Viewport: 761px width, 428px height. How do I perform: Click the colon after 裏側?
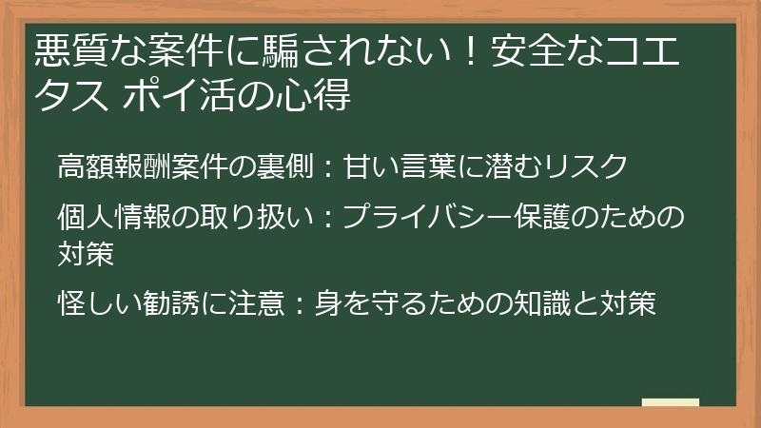(x=322, y=166)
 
